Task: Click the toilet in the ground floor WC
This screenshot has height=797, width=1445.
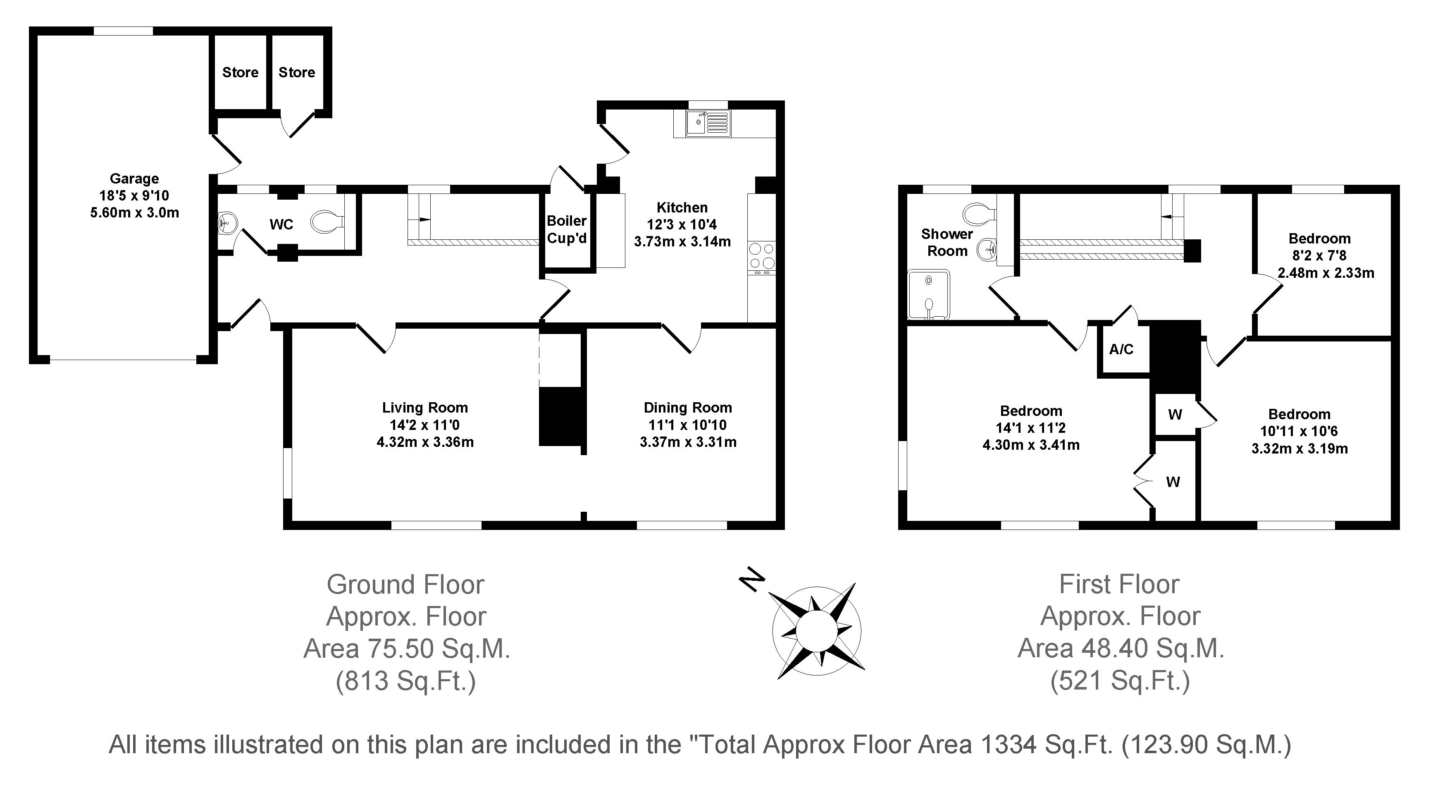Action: coord(328,222)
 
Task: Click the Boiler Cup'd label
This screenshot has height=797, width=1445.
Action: coord(567,229)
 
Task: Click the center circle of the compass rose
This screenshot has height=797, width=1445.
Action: coord(816,630)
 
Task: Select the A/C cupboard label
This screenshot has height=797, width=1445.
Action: coord(1121,349)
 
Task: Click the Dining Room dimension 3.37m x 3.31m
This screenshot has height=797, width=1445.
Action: coord(688,442)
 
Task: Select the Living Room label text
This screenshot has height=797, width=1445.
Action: coord(424,408)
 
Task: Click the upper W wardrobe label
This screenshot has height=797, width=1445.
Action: coord(1175,415)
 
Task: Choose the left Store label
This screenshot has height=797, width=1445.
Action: coord(240,72)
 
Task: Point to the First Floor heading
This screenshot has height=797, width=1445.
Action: coord(1119,585)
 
